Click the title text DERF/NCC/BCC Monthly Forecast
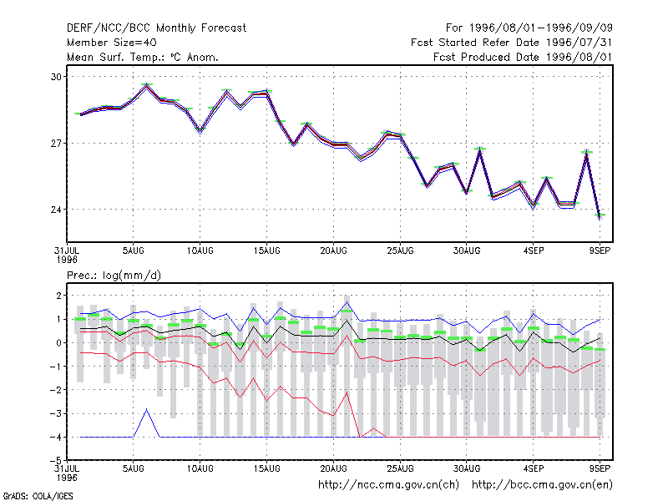pyautogui.click(x=156, y=28)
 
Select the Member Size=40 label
pyautogui.click(x=112, y=43)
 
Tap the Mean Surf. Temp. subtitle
pyautogui.click(x=142, y=57)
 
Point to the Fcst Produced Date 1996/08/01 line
pyautogui.click(x=523, y=57)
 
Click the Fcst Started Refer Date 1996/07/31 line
pyautogui.click(x=512, y=43)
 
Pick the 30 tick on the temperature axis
pyautogui.click(x=56, y=77)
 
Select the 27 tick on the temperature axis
pyautogui.click(x=56, y=144)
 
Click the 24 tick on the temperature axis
pyautogui.click(x=56, y=210)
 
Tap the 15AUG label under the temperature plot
pyautogui.click(x=266, y=250)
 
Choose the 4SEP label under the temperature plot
pyautogui.click(x=534, y=250)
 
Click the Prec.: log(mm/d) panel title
pyautogui.click(x=114, y=276)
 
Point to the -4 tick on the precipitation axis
pyautogui.click(x=56, y=437)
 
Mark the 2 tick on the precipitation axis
pyautogui.click(x=58, y=296)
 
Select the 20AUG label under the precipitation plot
pyautogui.click(x=333, y=468)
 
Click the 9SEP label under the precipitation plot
pyautogui.click(x=600, y=468)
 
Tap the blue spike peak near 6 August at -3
pyautogui.click(x=147, y=409)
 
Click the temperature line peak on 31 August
pyautogui.click(x=480, y=149)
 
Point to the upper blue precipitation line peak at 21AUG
pyautogui.click(x=347, y=302)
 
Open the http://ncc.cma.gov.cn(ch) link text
pyautogui.click(x=388, y=485)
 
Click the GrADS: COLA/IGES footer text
pyautogui.click(x=38, y=496)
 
